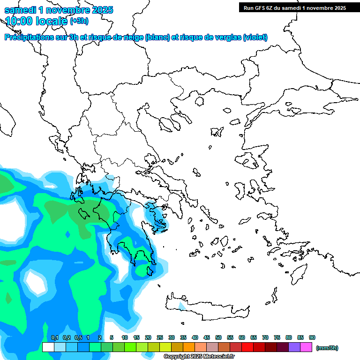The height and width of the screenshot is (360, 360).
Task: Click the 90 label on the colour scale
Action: [312, 337]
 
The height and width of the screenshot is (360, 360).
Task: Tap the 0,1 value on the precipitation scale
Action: [55, 337]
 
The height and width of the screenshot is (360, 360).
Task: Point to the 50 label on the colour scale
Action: [218, 337]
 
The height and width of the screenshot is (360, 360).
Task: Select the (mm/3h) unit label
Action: [327, 348]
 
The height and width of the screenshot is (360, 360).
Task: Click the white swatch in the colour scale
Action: [48, 347]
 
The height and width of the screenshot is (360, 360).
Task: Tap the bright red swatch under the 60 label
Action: [247, 347]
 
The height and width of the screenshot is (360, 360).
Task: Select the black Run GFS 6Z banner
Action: [293, 7]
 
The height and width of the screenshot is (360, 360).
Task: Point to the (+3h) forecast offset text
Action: [79, 21]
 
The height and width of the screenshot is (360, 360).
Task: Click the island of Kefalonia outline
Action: [85, 214]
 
